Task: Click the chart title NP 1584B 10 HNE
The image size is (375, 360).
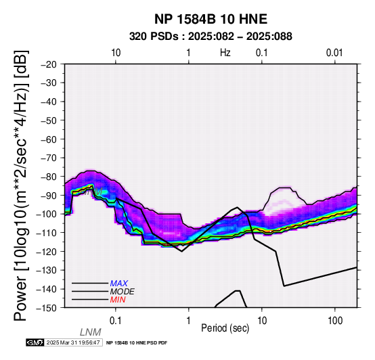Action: [211, 19]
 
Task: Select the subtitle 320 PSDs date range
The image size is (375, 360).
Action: [211, 37]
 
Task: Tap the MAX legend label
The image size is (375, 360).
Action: [119, 284]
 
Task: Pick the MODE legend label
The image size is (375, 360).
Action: [123, 292]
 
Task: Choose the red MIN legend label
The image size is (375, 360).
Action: [118, 300]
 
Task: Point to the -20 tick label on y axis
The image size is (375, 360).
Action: [49, 64]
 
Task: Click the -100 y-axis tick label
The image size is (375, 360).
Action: [47, 214]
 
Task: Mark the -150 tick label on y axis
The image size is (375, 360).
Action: [47, 308]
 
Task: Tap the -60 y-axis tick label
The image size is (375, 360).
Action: [49, 139]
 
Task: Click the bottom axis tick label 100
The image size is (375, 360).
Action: [335, 321]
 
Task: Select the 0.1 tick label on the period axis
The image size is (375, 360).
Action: [116, 321]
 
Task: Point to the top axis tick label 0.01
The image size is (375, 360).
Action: [334, 53]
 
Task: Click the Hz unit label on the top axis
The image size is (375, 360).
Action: [225, 53]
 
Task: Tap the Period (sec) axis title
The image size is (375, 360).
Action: [225, 328]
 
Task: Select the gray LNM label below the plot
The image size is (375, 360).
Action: [91, 332]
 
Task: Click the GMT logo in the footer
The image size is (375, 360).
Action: [35, 342]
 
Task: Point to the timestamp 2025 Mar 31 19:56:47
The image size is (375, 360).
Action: [73, 342]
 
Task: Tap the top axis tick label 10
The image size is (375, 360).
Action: [116, 53]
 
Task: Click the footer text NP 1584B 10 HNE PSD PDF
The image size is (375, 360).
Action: [137, 343]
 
